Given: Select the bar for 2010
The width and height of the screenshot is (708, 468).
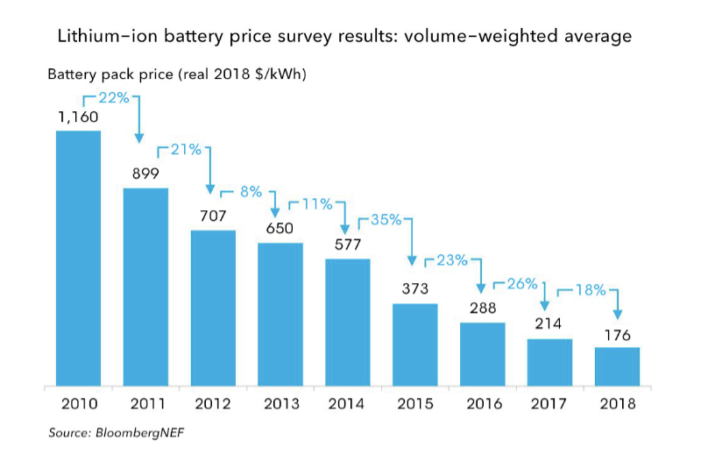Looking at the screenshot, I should tap(79, 258).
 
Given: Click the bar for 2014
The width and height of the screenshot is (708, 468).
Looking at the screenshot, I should tap(348, 322).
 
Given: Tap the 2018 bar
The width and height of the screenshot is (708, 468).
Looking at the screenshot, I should tap(617, 366).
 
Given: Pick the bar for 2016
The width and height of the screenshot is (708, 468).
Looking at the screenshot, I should tap(483, 354).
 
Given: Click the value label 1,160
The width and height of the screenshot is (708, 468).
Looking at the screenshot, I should tap(78, 117).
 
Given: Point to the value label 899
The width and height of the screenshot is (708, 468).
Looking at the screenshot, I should tap(145, 174).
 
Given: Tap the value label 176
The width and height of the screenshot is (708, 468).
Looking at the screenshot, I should tap(617, 333).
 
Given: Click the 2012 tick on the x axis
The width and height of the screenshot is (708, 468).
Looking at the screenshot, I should tap(213, 404).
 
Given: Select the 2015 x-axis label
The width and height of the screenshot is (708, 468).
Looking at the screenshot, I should tap(414, 404).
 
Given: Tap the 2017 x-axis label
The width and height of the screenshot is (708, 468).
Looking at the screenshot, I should tap(549, 404).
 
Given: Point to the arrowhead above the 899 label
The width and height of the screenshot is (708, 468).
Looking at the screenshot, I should tap(138, 139).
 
